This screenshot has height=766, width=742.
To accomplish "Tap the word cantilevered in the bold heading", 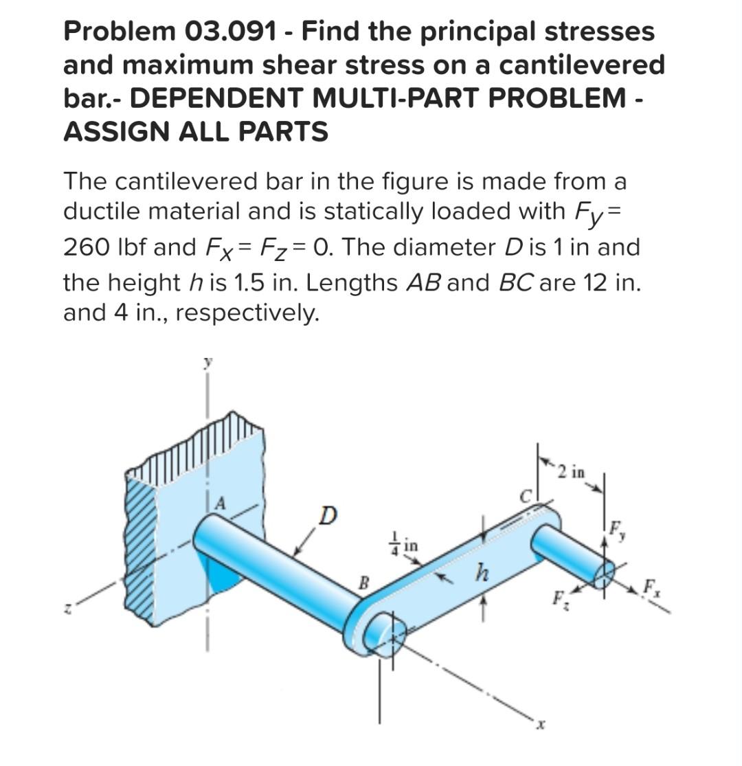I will point(581,65).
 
